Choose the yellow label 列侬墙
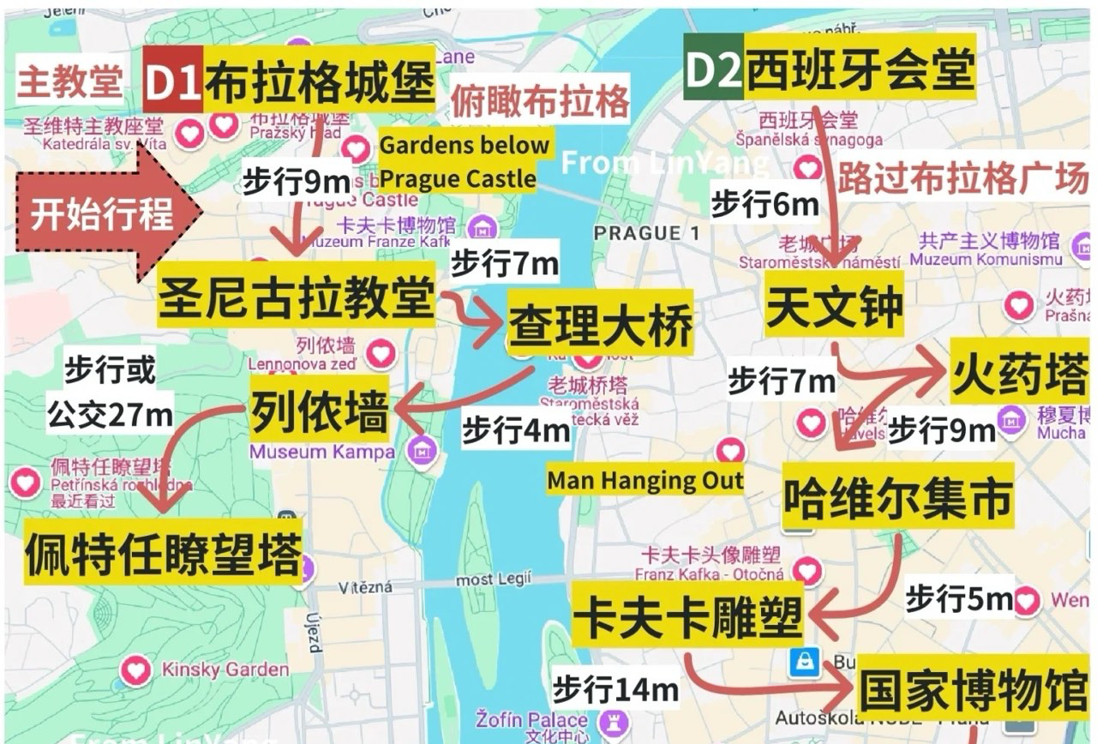(319, 413)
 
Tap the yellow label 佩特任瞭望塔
(163, 553)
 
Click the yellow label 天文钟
(834, 306)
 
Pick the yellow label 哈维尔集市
(897, 497)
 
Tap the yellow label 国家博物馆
(973, 690)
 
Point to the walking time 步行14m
(615, 688)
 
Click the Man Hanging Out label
(645, 480)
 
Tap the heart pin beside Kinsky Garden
(135, 669)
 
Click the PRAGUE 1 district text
(647, 232)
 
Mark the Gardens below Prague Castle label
(463, 162)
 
